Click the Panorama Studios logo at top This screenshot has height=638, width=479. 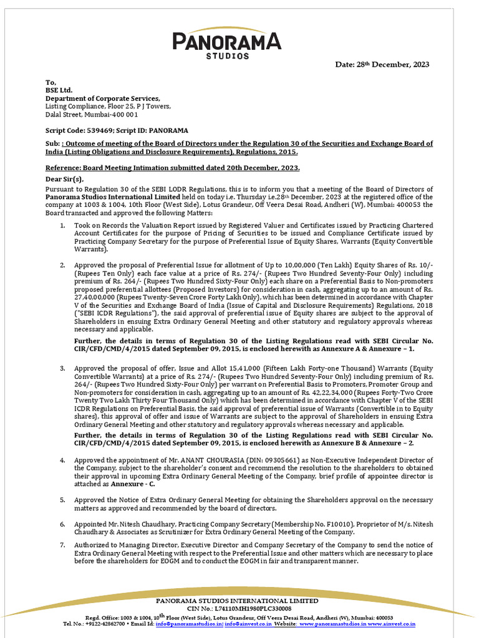click(x=226, y=44)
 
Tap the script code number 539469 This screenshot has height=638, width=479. click(x=97, y=131)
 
